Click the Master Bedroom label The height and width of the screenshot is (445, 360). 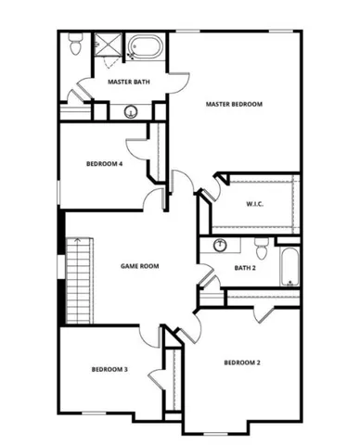234,105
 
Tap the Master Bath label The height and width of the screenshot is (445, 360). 129,82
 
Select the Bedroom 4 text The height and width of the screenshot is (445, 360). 104,164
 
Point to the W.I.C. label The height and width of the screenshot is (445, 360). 256,204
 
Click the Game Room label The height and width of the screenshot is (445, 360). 140,266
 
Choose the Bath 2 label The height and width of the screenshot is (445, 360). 220,269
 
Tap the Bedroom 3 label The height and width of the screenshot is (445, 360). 109,370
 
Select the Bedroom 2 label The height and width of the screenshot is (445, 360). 242,362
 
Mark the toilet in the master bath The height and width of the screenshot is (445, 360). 75,43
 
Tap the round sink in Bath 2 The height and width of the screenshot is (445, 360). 220,245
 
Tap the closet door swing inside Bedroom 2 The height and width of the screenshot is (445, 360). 264,313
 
